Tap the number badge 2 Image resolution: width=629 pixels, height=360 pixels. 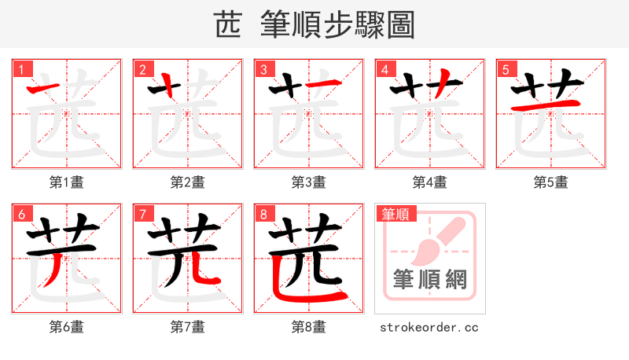click(142, 69)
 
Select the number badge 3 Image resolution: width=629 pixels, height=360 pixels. click(263, 69)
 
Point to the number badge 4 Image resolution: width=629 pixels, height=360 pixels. click(384, 69)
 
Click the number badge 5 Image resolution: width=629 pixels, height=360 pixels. click(506, 69)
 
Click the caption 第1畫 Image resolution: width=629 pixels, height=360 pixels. click(67, 182)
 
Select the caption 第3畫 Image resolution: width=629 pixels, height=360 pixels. click(309, 182)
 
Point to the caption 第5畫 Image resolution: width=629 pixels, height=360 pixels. click(550, 182)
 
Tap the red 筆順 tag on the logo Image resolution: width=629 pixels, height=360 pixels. click(395, 214)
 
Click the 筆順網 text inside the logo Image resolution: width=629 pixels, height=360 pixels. click(429, 279)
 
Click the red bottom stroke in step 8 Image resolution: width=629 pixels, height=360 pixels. click(311, 294)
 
